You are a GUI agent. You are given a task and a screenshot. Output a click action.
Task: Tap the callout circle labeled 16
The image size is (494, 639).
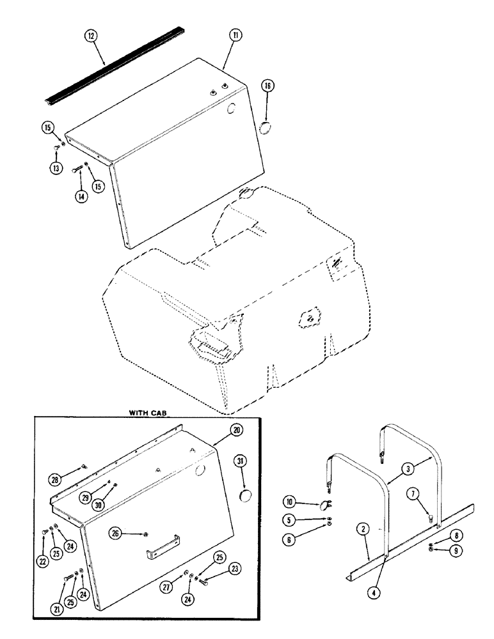(267, 85)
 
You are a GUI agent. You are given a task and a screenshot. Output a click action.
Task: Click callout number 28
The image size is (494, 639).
(56, 479)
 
